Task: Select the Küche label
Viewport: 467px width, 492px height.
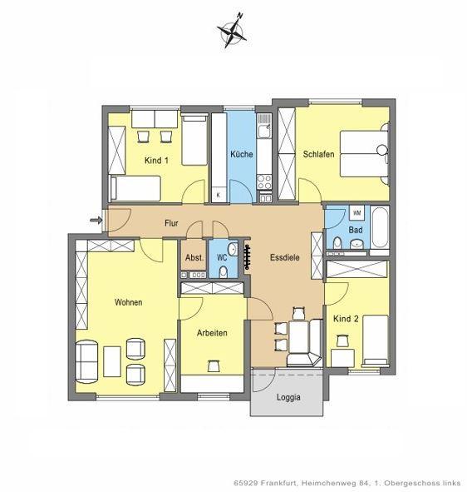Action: (242, 155)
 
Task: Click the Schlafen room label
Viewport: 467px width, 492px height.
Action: (320, 154)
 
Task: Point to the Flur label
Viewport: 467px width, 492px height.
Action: (172, 223)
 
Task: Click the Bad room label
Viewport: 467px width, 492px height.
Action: (356, 229)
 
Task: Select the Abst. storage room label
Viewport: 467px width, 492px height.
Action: (194, 257)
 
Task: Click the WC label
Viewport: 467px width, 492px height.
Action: (222, 258)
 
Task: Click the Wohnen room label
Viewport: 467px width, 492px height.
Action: (128, 301)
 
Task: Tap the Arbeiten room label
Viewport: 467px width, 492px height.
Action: (212, 332)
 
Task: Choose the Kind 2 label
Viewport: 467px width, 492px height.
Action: (346, 319)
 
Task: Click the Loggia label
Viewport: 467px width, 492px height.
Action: (288, 397)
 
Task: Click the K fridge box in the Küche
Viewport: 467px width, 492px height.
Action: (219, 194)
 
